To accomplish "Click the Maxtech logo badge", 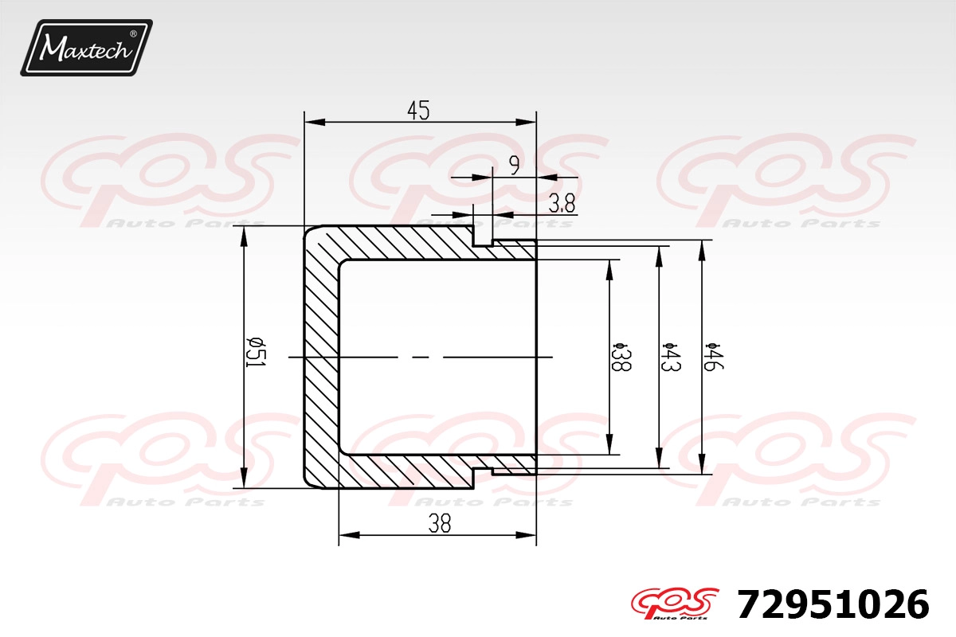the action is [x=86, y=48].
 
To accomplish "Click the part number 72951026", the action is [x=833, y=605].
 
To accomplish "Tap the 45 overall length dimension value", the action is [x=418, y=111].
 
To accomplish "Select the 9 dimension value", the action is [x=515, y=165].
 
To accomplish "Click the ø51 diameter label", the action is [x=257, y=353].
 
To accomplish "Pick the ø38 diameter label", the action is [x=621, y=357].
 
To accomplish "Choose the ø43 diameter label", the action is [x=671, y=357].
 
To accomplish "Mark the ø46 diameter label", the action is [x=714, y=357].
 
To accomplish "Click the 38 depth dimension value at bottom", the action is [x=440, y=523].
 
